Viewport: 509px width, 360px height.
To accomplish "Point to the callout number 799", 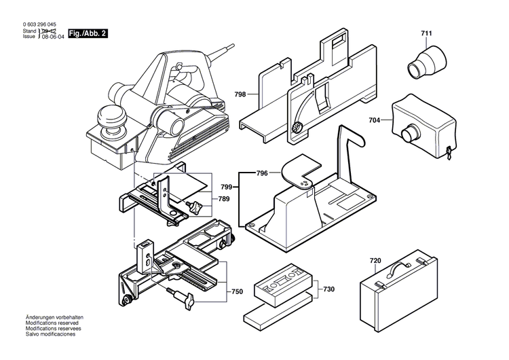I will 227,186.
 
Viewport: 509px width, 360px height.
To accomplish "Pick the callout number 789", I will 224,199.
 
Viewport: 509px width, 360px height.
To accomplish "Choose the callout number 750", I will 237,291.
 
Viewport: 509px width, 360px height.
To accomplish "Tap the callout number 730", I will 328,289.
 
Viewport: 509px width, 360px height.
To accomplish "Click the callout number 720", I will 375,261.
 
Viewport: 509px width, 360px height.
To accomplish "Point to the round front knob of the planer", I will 111,117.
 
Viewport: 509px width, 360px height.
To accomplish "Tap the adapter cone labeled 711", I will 423,61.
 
